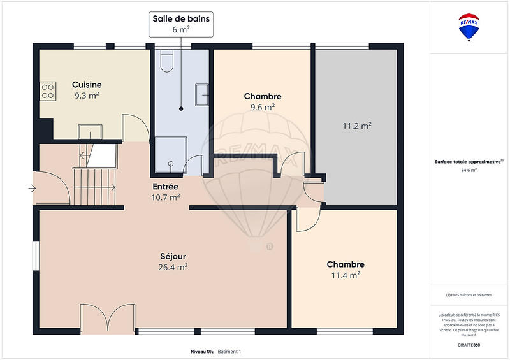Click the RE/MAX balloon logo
(x=470, y=27)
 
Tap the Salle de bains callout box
(x=181, y=24)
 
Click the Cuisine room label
(x=87, y=85)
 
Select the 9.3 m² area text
(x=87, y=96)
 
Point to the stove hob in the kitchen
(x=48, y=92)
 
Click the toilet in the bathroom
(x=168, y=62)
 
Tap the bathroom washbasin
(x=203, y=94)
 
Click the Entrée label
(x=166, y=186)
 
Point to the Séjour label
(x=173, y=256)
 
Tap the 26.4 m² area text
(x=173, y=268)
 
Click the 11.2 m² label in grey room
(x=357, y=126)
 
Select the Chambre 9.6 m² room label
(x=263, y=96)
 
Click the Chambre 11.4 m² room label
(x=345, y=264)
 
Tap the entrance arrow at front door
(x=32, y=188)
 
